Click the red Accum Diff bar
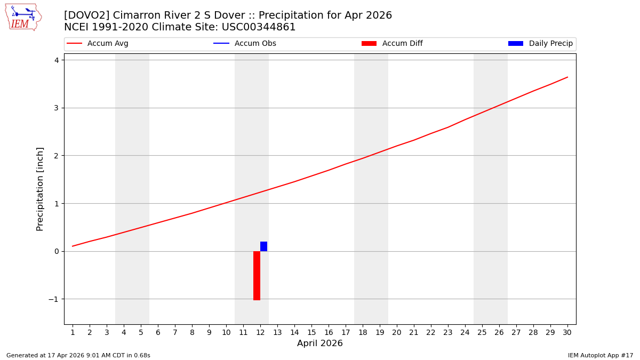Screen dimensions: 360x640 pyautogui.click(x=257, y=275)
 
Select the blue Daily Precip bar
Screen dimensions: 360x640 pyautogui.click(x=263, y=246)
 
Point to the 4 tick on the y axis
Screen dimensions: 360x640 pyautogui.click(x=55, y=60)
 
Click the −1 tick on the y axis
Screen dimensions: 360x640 pyautogui.click(x=53, y=299)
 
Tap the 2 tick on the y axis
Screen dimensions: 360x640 pyautogui.click(x=55, y=156)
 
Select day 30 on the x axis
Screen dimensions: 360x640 pyautogui.click(x=567, y=332)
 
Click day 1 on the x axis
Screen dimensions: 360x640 pyautogui.click(x=73, y=332)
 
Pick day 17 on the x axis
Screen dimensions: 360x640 pyautogui.click(x=346, y=332)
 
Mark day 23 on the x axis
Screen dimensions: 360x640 pyautogui.click(x=448, y=332)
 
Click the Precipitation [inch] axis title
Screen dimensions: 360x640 pyautogui.click(x=40, y=189)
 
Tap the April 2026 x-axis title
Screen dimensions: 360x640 pyautogui.click(x=320, y=343)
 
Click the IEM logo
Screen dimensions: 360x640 pyautogui.click(x=23, y=17)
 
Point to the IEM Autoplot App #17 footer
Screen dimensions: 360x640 pyautogui.click(x=601, y=355)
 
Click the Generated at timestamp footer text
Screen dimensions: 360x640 pyautogui.click(x=78, y=355)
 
